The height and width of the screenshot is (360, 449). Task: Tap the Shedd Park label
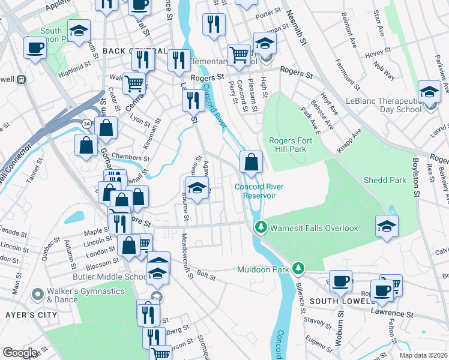[385, 180]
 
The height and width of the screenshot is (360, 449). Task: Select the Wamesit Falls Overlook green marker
[261, 227]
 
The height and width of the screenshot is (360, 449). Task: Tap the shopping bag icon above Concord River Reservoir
[251, 161]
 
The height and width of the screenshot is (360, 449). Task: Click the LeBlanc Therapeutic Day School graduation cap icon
[429, 92]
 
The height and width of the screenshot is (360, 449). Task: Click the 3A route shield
[86, 123]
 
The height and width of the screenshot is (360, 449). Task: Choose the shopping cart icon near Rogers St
[239, 55]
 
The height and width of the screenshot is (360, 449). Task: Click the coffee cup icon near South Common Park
[35, 48]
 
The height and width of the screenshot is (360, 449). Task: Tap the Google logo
[20, 353]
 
